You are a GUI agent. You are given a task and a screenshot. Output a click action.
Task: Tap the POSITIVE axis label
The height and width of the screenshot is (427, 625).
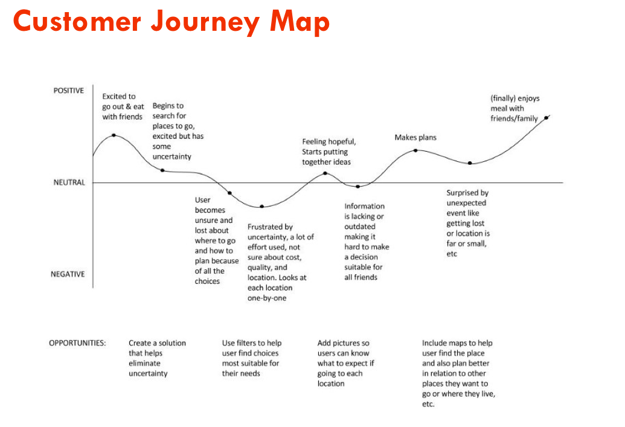[69, 91]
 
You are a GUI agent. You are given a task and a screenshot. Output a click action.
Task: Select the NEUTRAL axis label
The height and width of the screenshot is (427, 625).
[69, 182]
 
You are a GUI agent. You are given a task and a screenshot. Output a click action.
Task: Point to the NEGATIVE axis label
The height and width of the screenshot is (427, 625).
[68, 274]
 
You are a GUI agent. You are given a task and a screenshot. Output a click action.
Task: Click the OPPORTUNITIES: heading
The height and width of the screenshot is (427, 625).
[77, 343]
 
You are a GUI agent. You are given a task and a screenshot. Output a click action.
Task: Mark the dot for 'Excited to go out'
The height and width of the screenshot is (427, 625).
[114, 135]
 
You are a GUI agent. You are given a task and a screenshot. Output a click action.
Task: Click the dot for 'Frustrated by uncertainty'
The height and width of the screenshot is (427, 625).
[262, 207]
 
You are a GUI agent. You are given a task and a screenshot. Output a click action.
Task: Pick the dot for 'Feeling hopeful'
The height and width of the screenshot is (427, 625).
[325, 173]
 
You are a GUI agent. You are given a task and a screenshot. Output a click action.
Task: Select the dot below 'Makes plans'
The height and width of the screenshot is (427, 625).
[415, 151]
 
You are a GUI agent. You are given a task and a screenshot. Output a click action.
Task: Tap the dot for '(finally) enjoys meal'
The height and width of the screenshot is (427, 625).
[546, 118]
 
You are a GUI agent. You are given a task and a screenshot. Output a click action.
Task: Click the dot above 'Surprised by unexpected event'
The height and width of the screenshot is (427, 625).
[470, 163]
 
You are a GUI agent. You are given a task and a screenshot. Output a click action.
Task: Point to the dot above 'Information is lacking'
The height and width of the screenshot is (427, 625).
[358, 187]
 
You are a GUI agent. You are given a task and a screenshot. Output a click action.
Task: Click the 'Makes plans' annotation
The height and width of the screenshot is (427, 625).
[415, 138]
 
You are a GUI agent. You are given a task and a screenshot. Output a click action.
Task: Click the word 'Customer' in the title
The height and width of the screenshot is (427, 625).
[77, 22]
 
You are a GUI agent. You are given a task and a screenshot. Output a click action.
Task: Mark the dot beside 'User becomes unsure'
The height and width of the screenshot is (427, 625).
[229, 193]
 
